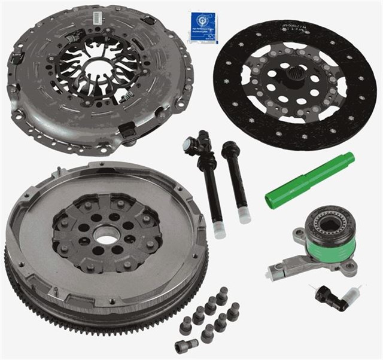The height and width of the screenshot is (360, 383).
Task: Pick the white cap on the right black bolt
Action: (x=244, y=214)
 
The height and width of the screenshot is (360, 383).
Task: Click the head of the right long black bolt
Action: (x=229, y=150)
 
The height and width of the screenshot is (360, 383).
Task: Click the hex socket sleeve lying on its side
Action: (x=186, y=345)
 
